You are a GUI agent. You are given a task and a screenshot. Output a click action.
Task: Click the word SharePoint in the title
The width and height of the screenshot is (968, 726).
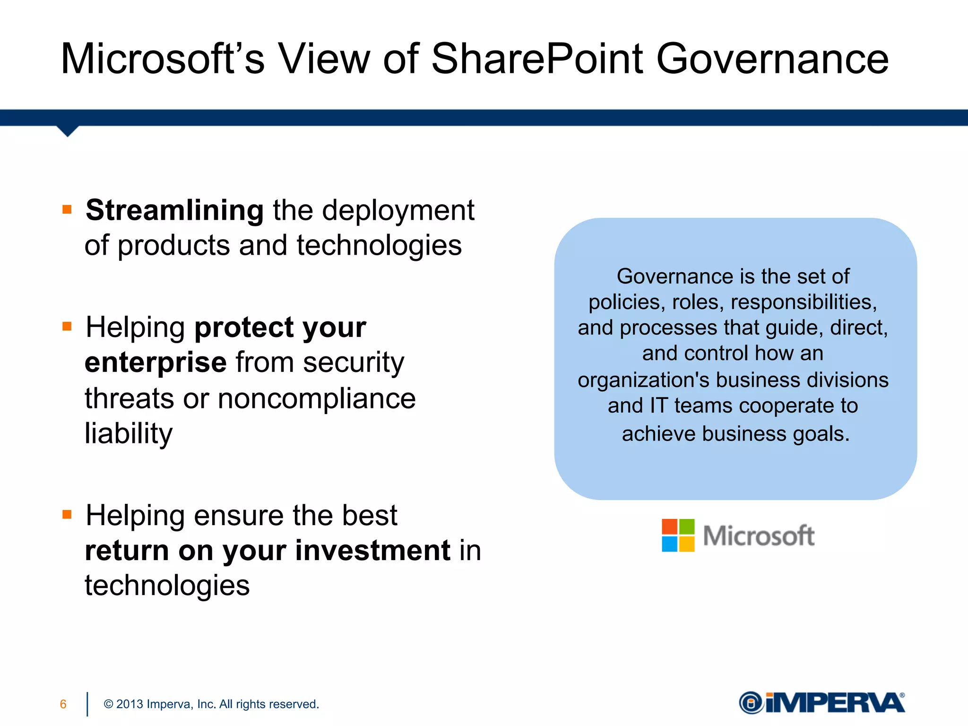pyautogui.click(x=537, y=59)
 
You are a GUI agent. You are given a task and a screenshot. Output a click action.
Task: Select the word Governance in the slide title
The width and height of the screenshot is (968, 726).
pyautogui.click(x=772, y=59)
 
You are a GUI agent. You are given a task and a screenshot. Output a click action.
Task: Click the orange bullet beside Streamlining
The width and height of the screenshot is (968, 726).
pyautogui.click(x=67, y=209)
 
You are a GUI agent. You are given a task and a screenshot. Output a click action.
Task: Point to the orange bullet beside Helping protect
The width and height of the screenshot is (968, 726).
pyautogui.click(x=67, y=326)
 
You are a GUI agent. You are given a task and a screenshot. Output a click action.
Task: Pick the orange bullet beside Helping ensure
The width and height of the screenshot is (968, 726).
pyautogui.click(x=67, y=514)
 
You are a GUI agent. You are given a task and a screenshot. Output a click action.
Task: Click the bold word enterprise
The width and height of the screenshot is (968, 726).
pyautogui.click(x=156, y=363)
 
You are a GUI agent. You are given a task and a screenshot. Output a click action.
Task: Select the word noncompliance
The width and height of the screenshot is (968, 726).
pyautogui.click(x=316, y=398)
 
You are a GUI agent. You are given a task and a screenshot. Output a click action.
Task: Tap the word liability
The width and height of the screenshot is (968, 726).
pyautogui.click(x=129, y=433)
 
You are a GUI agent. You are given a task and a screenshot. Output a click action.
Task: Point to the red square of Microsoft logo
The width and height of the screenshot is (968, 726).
pyautogui.click(x=669, y=527)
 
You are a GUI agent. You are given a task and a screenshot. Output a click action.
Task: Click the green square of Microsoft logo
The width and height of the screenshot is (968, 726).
pyautogui.click(x=687, y=527)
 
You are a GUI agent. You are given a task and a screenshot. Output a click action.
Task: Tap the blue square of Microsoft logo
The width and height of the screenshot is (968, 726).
pyautogui.click(x=669, y=544)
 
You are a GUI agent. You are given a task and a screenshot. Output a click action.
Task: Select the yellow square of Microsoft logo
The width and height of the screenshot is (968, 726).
pyautogui.click(x=687, y=544)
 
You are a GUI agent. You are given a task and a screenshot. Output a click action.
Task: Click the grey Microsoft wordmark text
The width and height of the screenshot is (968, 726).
pyautogui.click(x=759, y=536)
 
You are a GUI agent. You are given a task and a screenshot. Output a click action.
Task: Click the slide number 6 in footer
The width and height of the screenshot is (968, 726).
pyautogui.click(x=63, y=704)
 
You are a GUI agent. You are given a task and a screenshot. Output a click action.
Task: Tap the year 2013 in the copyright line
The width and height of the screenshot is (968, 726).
pyautogui.click(x=130, y=704)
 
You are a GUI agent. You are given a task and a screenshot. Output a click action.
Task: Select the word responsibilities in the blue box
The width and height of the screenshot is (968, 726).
pyautogui.click(x=804, y=302)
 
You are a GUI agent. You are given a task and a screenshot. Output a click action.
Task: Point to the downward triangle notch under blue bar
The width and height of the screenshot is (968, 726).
pyautogui.click(x=68, y=131)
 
